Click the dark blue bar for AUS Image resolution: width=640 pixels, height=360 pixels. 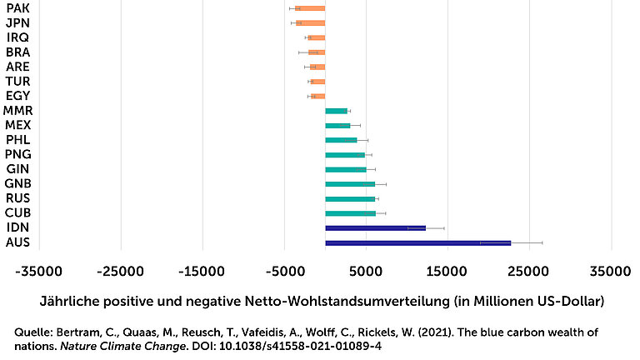click(417, 242)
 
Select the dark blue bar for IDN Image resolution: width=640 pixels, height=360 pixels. click(375, 227)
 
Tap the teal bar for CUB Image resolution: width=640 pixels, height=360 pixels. click(350, 213)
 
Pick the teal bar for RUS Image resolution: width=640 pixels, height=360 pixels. click(350, 198)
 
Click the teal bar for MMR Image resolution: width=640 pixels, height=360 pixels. click(336, 111)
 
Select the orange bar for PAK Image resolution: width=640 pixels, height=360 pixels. click(310, 8)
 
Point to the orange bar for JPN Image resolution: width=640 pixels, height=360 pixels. click(310, 22)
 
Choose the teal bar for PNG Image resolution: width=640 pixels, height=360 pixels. click(345, 155)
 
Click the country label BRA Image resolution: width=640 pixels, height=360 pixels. click(17, 52)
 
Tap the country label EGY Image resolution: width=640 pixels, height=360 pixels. click(17, 96)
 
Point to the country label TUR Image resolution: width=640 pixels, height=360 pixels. click(17, 81)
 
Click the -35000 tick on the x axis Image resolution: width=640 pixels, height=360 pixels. click(40, 272)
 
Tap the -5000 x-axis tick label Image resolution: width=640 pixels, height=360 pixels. click(285, 272)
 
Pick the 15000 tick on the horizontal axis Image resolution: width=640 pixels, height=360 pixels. click(448, 272)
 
